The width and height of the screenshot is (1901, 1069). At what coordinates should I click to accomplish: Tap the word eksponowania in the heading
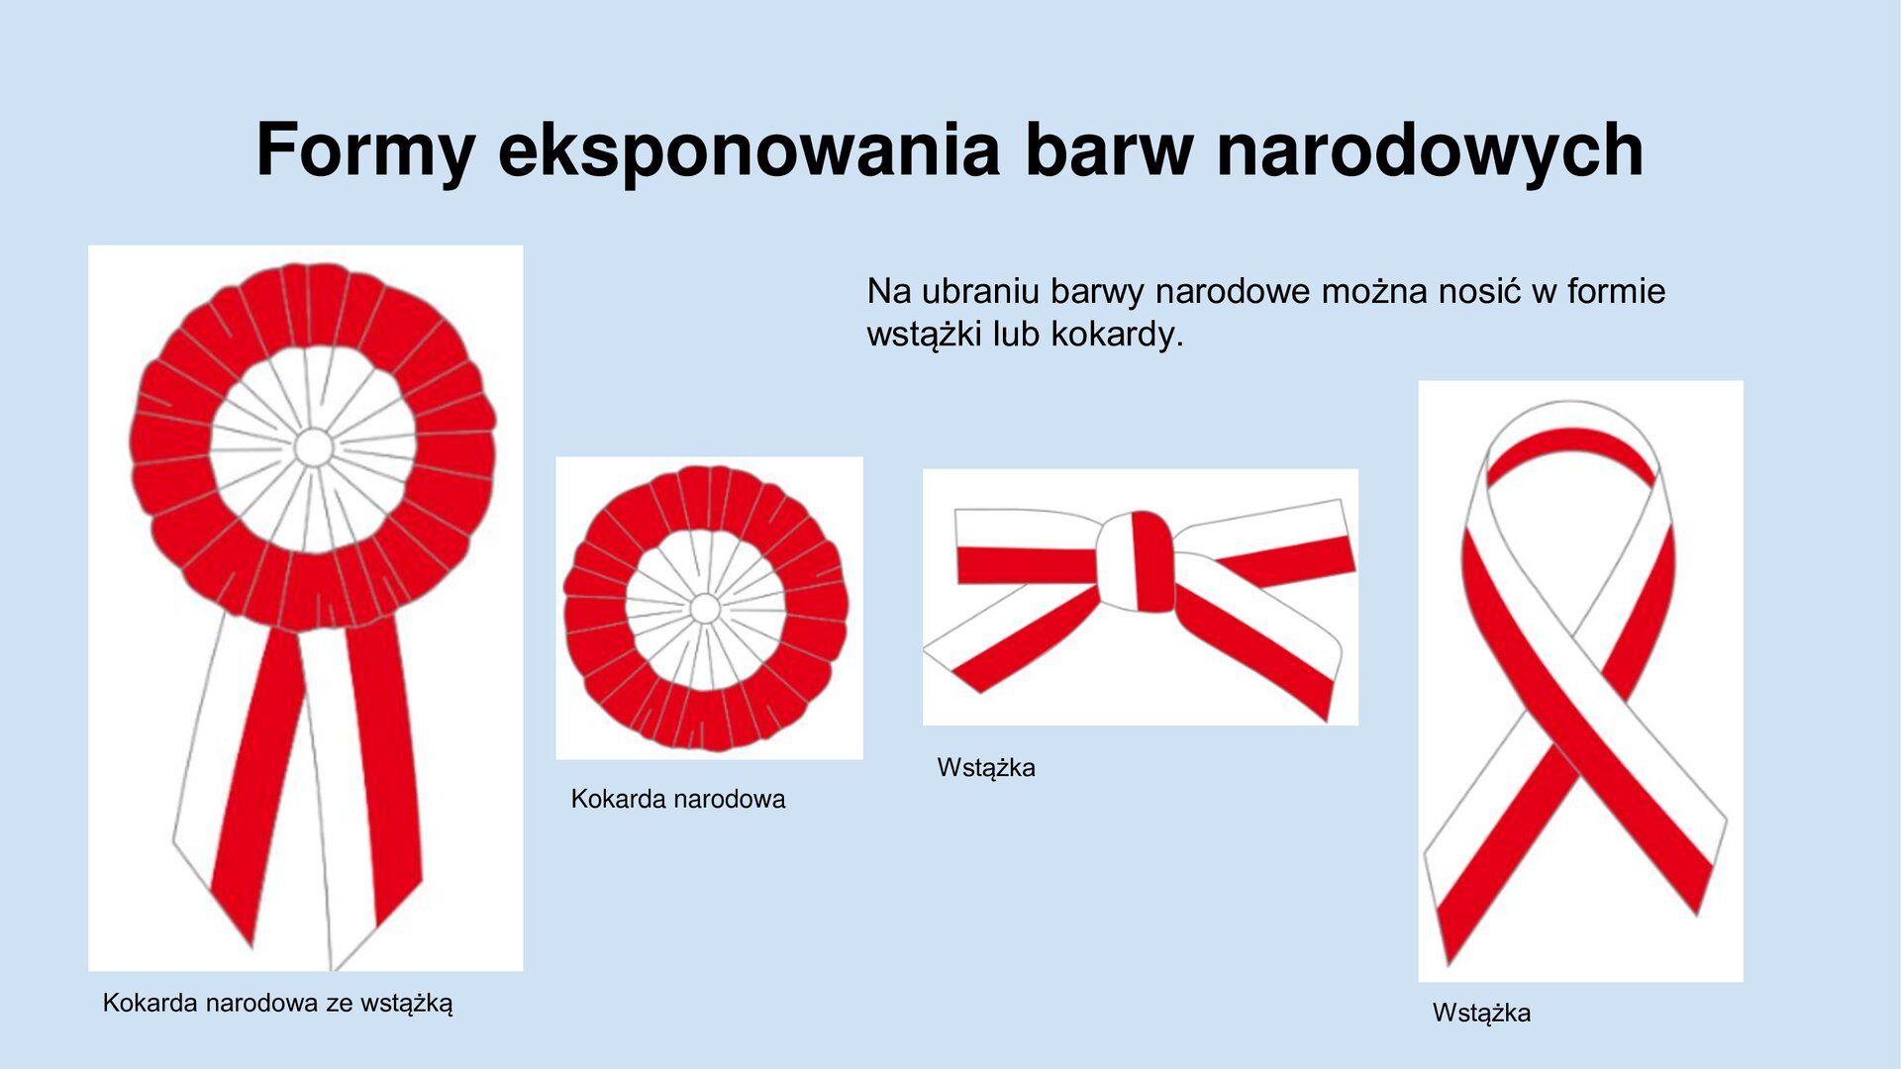pos(749,150)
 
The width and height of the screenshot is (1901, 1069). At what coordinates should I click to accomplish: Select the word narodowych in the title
pos(1430,150)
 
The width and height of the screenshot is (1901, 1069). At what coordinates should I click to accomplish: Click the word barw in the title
pos(1109,150)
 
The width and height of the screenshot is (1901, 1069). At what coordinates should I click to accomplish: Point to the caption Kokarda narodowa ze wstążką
pos(277,1003)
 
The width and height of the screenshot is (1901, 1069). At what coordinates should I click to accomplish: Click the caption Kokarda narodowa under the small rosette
pos(677,799)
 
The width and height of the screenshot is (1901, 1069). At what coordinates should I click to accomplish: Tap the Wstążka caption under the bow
pos(986,767)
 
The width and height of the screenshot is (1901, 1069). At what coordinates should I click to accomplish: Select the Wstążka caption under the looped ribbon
pos(1481,1013)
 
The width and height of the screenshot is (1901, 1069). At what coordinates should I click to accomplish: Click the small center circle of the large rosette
pos(314,447)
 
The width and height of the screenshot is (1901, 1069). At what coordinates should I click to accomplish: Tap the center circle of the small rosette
pos(705,608)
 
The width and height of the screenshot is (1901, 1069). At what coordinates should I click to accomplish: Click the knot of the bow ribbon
pos(1136,561)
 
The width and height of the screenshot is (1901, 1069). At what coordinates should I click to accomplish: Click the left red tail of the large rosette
pos(255,782)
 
